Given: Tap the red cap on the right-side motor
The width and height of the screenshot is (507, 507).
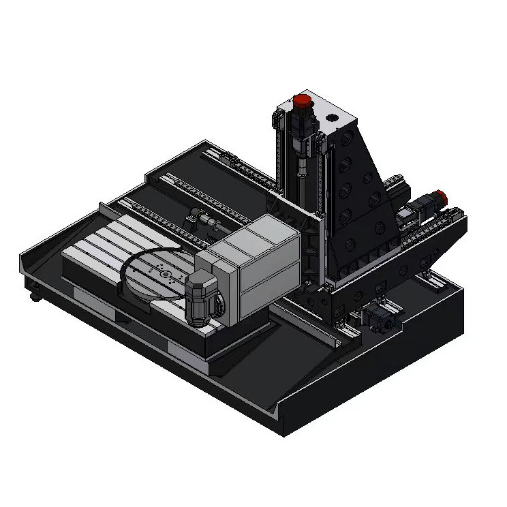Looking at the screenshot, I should (440, 197).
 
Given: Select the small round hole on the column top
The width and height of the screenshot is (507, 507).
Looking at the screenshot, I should (333, 117).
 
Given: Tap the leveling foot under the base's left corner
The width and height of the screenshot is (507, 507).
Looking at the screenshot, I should (33, 296).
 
